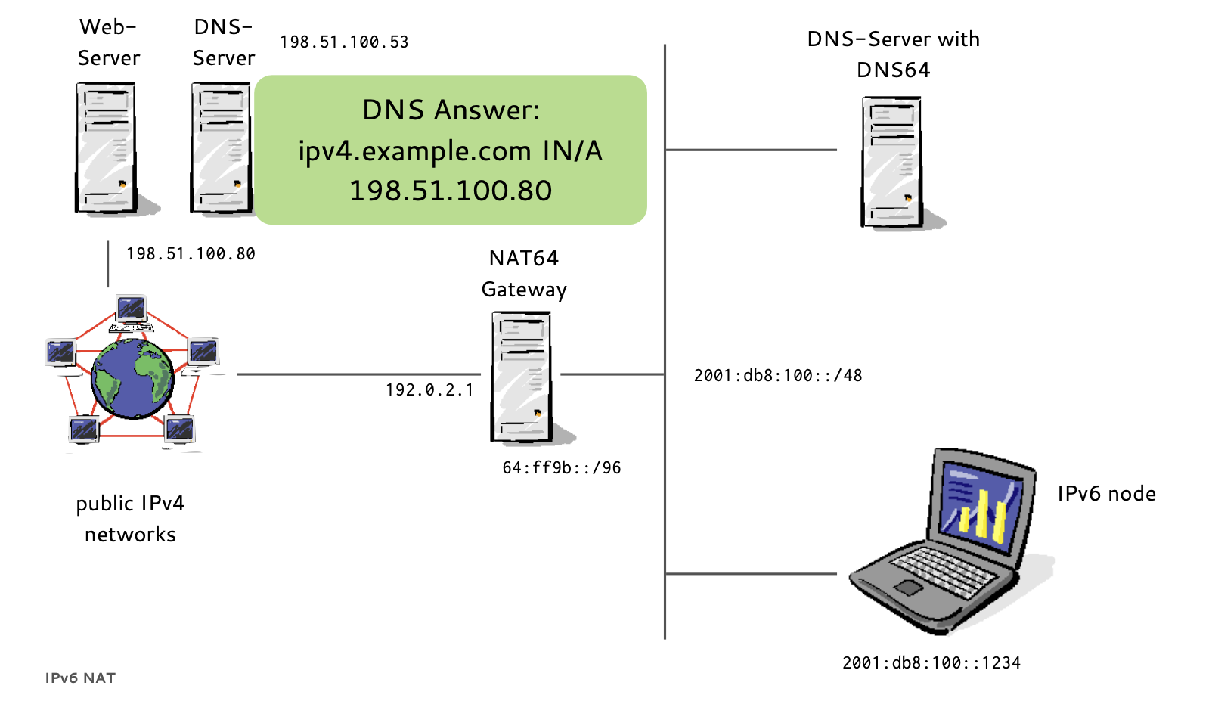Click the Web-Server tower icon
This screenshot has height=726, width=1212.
[106, 148]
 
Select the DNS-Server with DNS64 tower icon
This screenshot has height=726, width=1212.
[891, 162]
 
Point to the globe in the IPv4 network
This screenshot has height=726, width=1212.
[132, 378]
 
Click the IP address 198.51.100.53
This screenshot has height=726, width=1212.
[344, 42]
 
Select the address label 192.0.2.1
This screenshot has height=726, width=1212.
[429, 390]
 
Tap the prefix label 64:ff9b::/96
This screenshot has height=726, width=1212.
[562, 468]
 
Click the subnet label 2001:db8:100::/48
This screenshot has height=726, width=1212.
[778, 376]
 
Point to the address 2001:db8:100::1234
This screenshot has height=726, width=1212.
[931, 663]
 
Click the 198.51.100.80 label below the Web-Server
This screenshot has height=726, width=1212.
[191, 254]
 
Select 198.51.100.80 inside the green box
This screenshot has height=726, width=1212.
[451, 191]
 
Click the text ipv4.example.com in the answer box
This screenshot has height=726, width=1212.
[414, 151]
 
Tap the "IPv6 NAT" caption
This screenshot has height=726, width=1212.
[80, 678]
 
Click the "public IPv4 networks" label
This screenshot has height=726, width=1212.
[130, 519]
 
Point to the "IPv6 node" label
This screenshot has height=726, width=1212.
[1106, 494]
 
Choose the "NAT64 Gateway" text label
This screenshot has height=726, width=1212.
[524, 274]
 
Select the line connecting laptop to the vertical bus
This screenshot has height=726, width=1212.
[751, 574]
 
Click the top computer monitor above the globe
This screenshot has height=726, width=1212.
[132, 309]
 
